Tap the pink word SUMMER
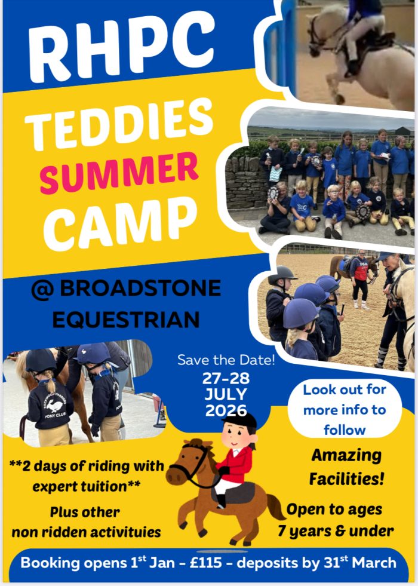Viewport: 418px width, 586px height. tap(119, 173)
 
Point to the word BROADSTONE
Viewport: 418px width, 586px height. tap(140, 289)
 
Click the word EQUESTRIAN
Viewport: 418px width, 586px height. tap(126, 320)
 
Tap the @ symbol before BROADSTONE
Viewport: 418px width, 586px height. tap(42, 289)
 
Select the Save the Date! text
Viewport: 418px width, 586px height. tap(226, 360)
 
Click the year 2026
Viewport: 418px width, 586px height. tap(226, 410)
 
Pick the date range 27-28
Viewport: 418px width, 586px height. tap(226, 379)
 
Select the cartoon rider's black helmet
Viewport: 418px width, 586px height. tap(240, 420)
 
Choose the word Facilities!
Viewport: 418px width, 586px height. tap(347, 478)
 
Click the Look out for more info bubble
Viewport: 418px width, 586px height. tap(345, 410)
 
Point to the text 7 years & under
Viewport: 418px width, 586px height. tap(336, 530)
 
